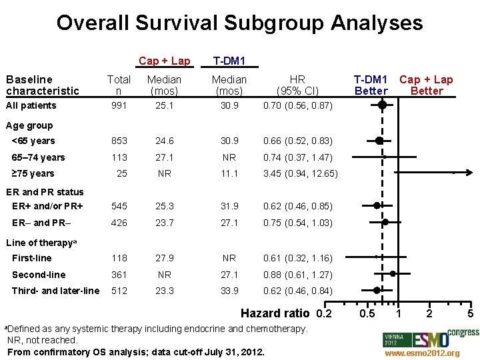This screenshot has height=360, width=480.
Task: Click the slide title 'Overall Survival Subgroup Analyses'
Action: (x=239, y=23)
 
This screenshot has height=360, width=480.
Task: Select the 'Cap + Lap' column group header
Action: (x=164, y=61)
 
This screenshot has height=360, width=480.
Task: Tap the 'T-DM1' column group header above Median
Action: (x=229, y=61)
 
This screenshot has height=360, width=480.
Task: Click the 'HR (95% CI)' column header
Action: (x=297, y=85)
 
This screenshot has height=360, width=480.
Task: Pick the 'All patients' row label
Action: (x=31, y=105)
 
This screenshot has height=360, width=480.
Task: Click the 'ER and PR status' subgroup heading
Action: (x=45, y=192)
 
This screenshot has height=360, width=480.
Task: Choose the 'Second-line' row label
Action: (x=39, y=274)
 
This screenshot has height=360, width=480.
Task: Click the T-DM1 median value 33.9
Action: (x=229, y=290)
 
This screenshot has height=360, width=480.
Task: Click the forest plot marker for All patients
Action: (x=382, y=105)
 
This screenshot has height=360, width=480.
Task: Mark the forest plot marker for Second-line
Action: (x=393, y=273)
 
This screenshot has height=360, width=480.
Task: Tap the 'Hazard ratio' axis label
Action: (x=275, y=313)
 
